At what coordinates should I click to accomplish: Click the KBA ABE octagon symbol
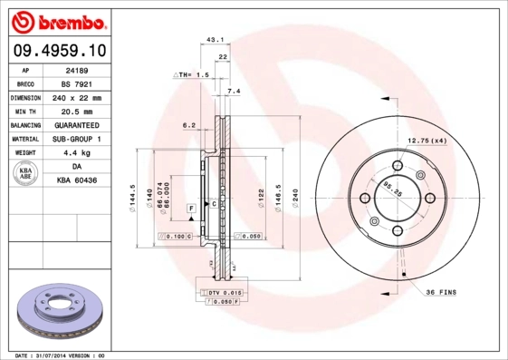(26, 174)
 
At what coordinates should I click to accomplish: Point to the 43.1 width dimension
(215, 41)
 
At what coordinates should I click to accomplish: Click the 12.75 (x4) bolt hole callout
(427, 141)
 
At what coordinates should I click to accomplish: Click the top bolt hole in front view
(397, 167)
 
